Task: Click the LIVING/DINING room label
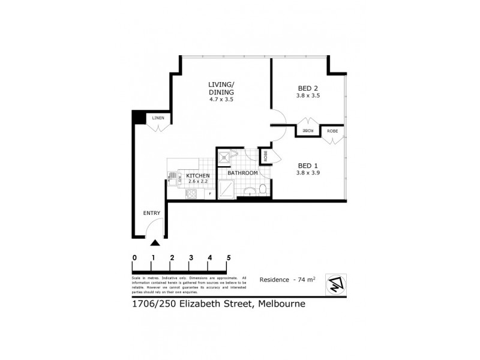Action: click(x=221, y=88)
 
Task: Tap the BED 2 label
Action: click(x=309, y=87)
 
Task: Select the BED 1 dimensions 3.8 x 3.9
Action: click(x=309, y=173)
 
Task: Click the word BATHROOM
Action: click(x=242, y=173)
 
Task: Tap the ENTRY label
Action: click(x=151, y=213)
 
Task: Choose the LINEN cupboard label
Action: click(x=158, y=118)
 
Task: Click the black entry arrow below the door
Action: click(x=155, y=243)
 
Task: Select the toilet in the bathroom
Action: click(x=262, y=190)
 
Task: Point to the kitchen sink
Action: click(x=174, y=178)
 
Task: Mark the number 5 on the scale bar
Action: click(x=229, y=258)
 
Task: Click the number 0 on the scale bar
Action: click(x=134, y=258)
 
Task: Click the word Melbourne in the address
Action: click(x=282, y=304)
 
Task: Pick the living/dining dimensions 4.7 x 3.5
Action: click(x=221, y=100)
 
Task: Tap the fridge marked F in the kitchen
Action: click(x=209, y=193)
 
